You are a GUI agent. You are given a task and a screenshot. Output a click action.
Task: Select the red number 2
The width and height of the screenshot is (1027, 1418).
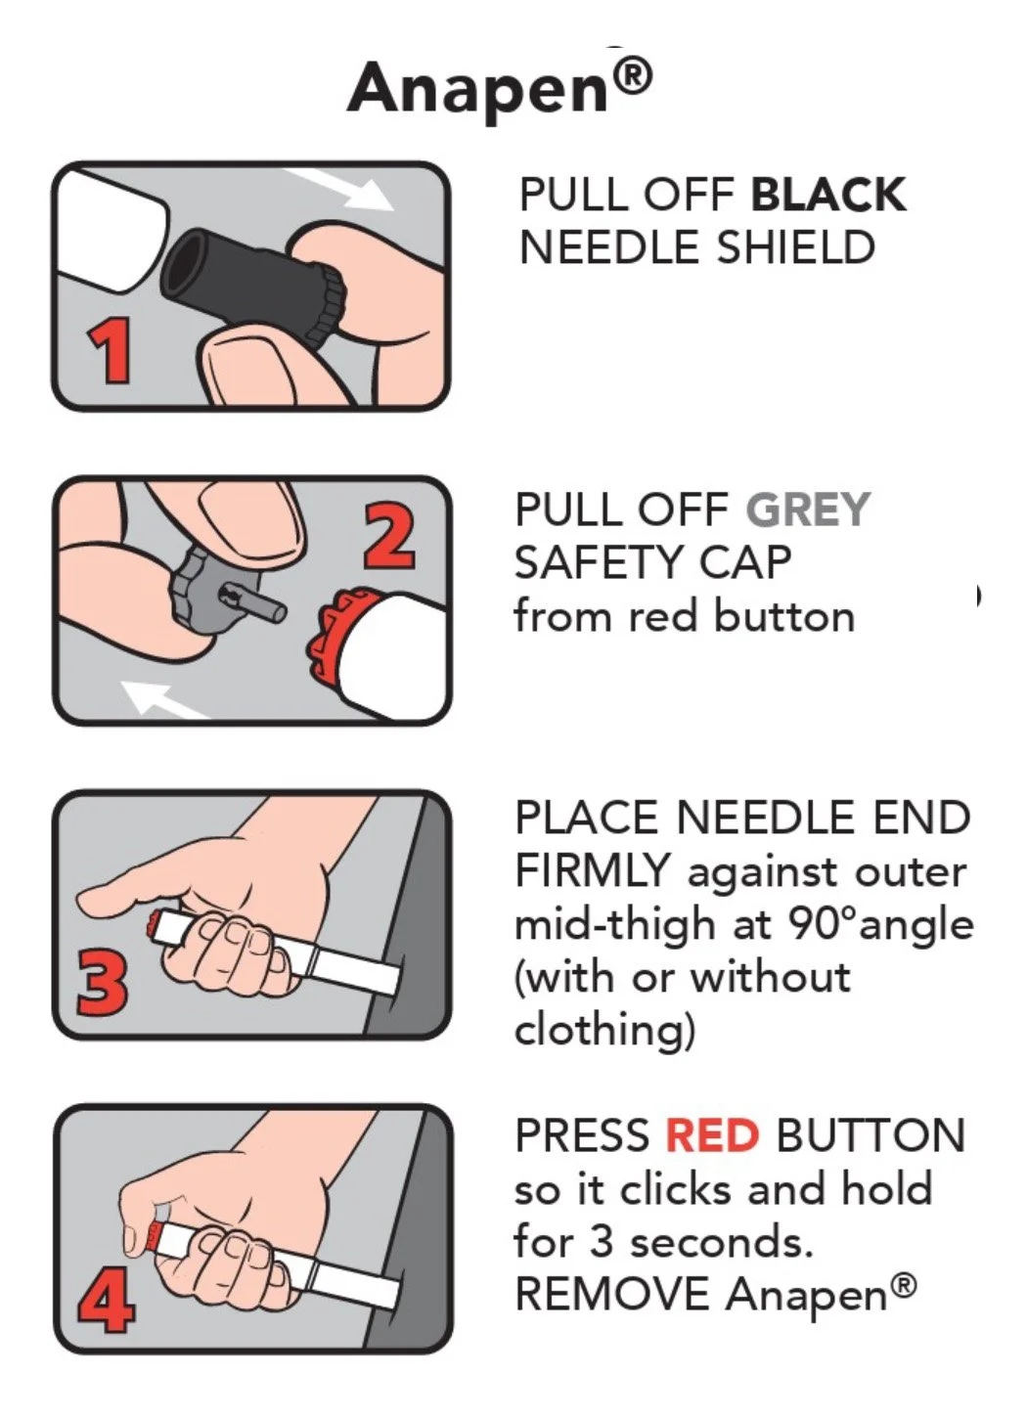click(x=389, y=538)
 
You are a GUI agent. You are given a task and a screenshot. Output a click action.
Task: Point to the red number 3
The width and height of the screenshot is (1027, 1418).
click(x=102, y=983)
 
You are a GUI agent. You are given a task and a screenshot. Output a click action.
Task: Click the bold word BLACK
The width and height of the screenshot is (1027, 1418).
click(x=827, y=194)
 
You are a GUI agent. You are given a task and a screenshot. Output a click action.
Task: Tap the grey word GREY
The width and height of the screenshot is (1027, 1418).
click(x=809, y=510)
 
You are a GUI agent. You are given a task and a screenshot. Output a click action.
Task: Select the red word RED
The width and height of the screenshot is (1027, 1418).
click(x=712, y=1136)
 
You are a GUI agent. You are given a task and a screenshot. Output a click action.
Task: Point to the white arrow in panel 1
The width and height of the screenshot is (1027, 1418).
click(x=338, y=189)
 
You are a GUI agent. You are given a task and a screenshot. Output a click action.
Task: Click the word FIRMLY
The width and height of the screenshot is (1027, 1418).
click(x=593, y=872)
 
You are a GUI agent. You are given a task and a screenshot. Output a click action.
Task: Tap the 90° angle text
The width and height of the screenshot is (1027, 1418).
click(x=880, y=926)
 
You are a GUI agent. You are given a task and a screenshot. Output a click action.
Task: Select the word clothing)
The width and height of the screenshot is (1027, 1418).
click(x=604, y=1032)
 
